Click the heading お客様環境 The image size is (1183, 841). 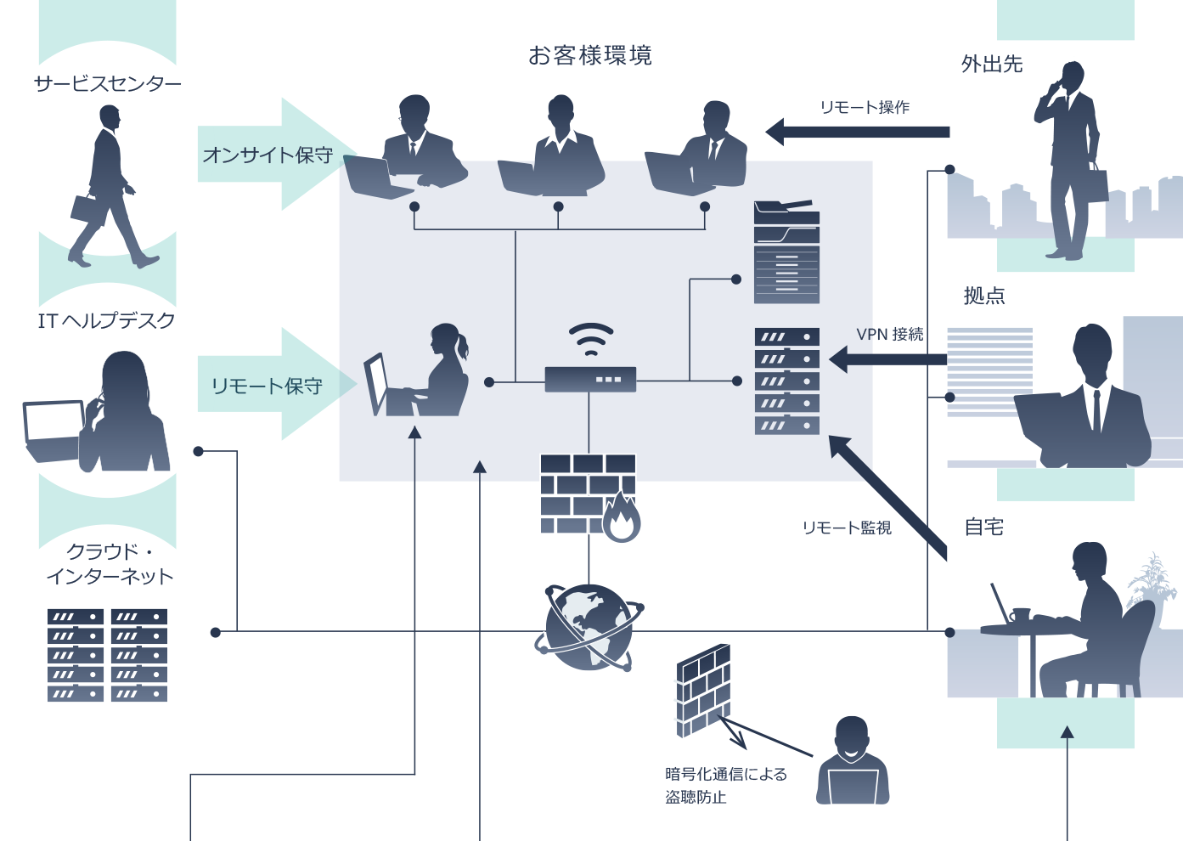[590, 56]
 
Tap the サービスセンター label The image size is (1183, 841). [108, 83]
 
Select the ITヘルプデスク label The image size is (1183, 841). [106, 320]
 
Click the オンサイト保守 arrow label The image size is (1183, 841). [268, 155]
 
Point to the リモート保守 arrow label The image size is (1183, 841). [268, 387]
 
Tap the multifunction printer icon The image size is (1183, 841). [786, 252]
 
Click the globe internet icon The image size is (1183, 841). [589, 628]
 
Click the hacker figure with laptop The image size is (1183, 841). [852, 765]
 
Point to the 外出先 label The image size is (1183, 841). [992, 65]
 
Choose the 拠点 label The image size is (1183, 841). [984, 296]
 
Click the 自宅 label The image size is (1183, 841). [984, 528]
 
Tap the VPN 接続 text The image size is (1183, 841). [889, 335]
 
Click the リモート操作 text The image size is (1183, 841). [865, 108]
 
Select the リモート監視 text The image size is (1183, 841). [847, 528]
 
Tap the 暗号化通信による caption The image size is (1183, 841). [726, 775]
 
